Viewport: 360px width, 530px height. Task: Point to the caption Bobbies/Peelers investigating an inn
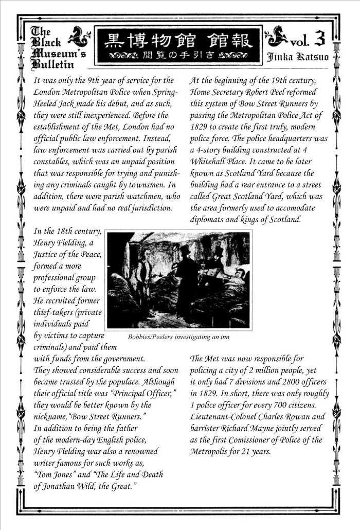pyautogui.click(x=177, y=337)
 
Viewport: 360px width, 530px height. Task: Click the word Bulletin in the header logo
pyautogui.click(x=51, y=64)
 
